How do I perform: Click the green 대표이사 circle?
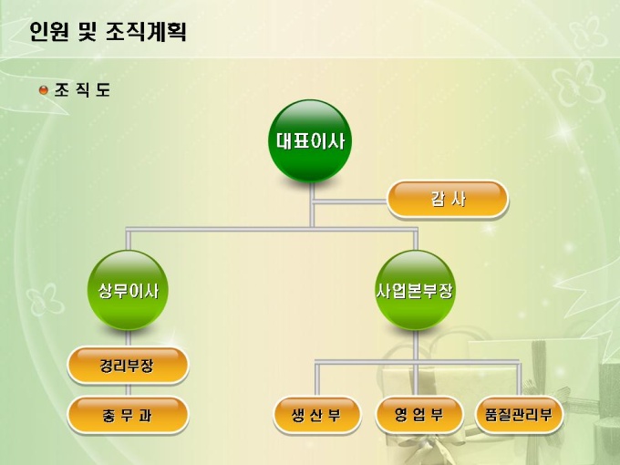(310, 140)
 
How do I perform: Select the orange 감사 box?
(448, 200)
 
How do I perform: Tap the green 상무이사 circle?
(129, 291)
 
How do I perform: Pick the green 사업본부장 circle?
(415, 291)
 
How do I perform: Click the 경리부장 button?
(128, 367)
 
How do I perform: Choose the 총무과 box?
(128, 416)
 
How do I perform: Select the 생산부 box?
(315, 416)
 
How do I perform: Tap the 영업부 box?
(419, 416)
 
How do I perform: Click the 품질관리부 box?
(519, 416)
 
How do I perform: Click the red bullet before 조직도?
(43, 90)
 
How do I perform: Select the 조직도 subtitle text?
(82, 90)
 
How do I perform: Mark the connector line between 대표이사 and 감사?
(351, 200)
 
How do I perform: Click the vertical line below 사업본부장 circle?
(415, 345)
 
